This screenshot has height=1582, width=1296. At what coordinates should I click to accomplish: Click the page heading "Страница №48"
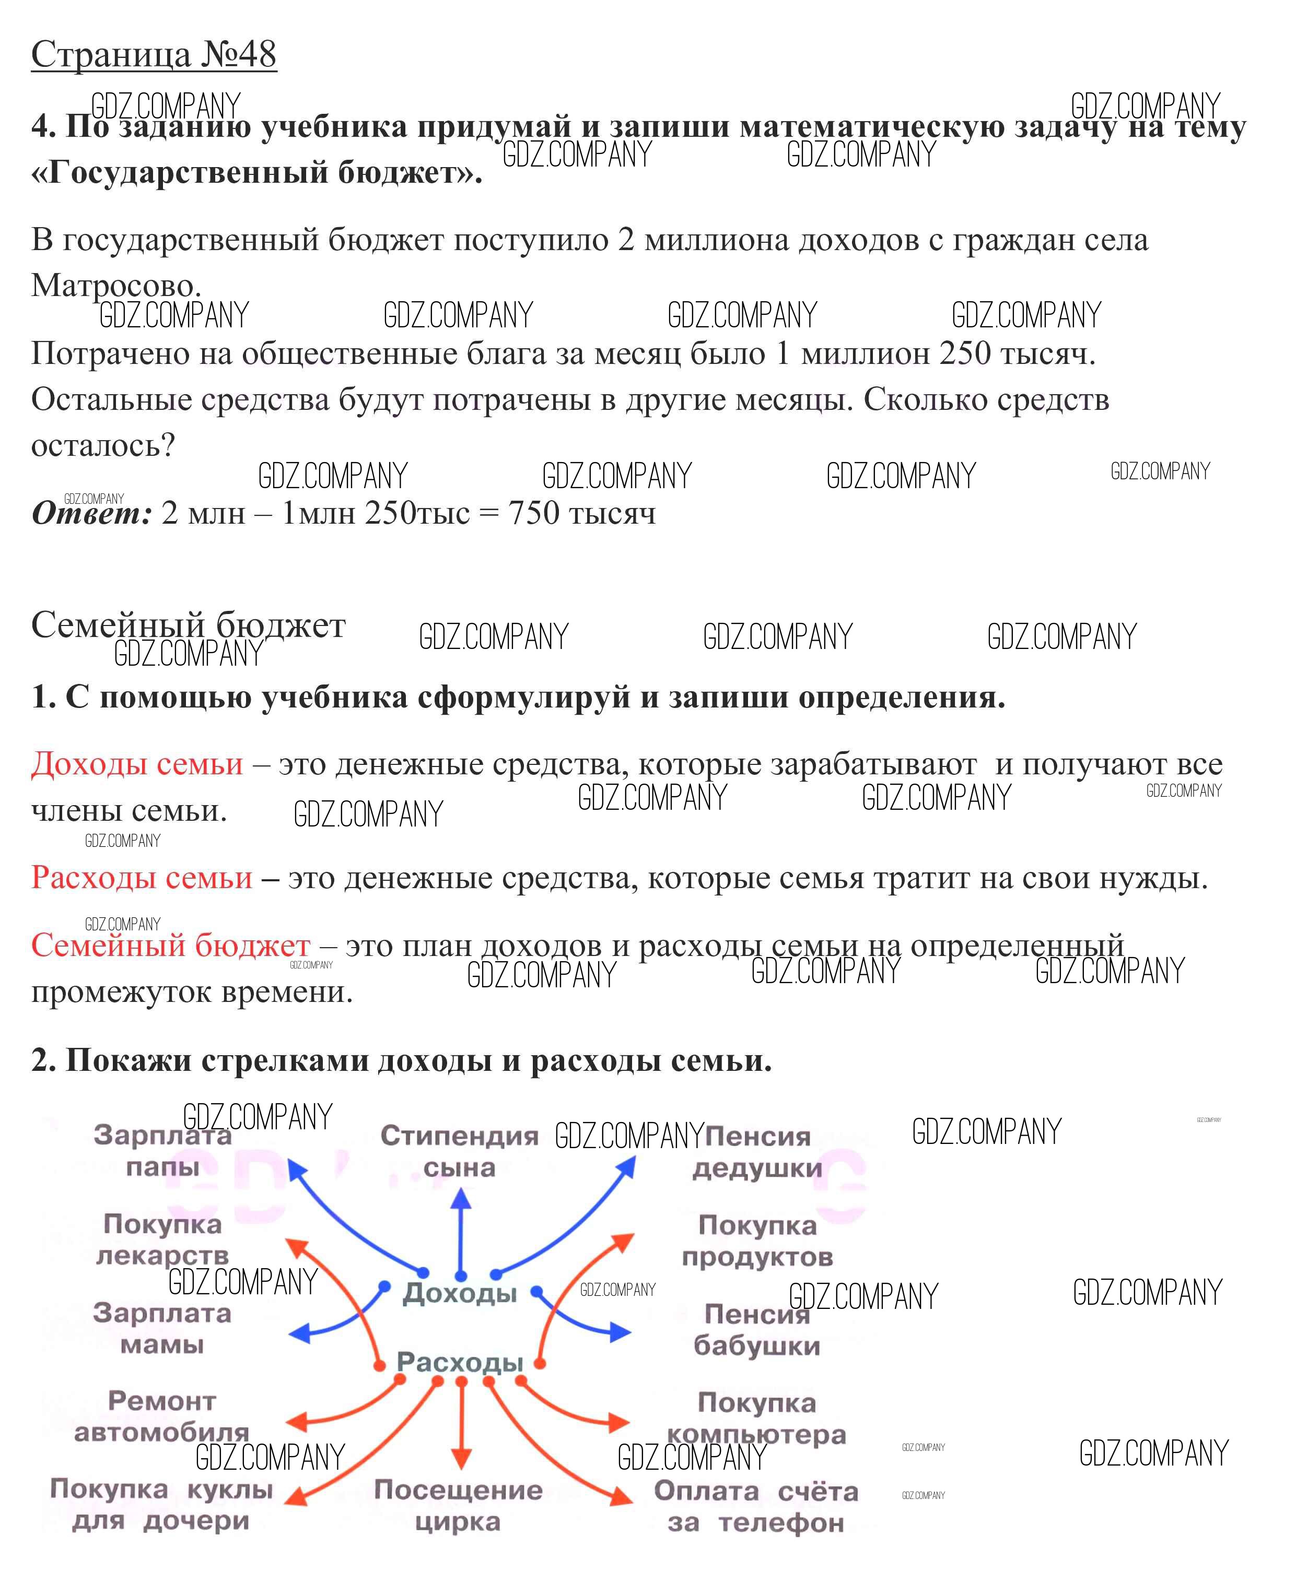(154, 54)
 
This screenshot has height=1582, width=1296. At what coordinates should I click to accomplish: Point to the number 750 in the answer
(533, 513)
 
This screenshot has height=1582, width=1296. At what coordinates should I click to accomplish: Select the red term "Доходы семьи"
(137, 764)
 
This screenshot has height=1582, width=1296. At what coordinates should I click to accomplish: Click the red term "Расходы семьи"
(142, 878)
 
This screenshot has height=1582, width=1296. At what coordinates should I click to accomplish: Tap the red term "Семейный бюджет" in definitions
(170, 946)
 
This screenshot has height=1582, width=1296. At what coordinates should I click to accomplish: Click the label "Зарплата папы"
(163, 1151)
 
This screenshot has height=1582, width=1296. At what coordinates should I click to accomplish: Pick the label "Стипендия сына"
(459, 1151)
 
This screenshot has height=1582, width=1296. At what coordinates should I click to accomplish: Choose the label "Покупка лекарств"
(163, 1239)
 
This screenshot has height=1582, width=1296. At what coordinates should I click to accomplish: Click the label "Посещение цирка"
(458, 1505)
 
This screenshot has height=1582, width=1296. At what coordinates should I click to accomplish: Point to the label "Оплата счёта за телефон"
(756, 1507)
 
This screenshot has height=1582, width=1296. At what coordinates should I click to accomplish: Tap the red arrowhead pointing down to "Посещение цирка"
(461, 1458)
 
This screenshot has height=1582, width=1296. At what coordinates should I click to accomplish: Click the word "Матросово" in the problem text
(112, 285)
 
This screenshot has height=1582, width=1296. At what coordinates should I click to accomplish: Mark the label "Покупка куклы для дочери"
(161, 1504)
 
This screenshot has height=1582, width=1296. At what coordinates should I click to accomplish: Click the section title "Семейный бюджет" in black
(188, 625)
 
